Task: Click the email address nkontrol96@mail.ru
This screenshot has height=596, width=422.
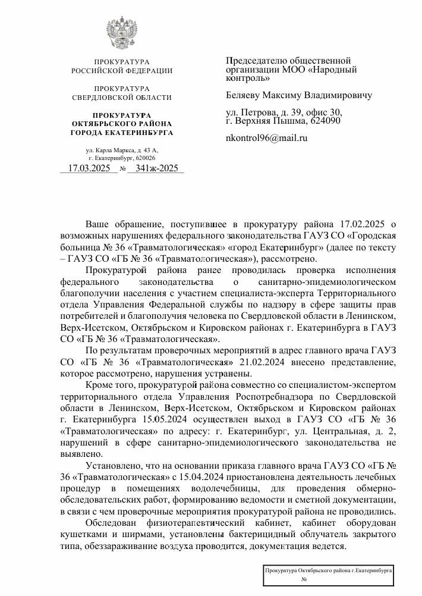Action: [x=267, y=138]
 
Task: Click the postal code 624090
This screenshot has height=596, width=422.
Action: [x=325, y=121]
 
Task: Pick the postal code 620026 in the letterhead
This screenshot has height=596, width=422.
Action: [x=144, y=158]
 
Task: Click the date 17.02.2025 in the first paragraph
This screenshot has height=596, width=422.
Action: [x=353, y=224]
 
